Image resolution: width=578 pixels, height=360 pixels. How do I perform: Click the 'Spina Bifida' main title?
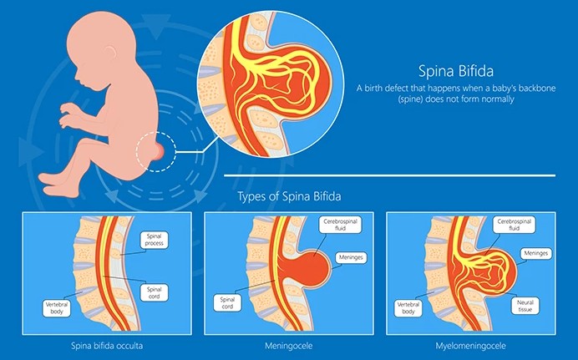pos(456,71)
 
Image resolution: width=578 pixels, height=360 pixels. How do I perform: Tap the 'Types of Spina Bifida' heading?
pos(289,196)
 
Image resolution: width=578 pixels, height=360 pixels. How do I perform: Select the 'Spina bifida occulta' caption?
pos(107,346)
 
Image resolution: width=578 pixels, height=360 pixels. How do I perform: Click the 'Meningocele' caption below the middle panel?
pos(289,346)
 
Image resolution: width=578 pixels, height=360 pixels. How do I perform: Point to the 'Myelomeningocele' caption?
pos(471,346)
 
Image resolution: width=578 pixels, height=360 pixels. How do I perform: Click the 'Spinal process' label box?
pos(154,240)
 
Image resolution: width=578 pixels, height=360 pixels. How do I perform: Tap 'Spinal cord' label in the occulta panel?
pos(154,292)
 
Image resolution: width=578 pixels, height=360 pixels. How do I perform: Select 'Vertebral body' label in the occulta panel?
pos(57,308)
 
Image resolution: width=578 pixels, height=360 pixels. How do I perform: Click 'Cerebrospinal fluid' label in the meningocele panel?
pos(340,225)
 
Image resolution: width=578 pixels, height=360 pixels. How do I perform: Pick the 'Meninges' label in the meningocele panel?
pos(351,257)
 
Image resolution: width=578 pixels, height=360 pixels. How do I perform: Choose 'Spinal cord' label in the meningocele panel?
pos(227,303)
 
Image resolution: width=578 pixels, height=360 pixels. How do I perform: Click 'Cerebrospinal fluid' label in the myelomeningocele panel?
pos(515,225)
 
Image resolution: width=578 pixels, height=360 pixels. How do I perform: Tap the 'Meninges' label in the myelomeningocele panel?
pos(536,254)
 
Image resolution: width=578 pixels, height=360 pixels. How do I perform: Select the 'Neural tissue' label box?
pos(525,306)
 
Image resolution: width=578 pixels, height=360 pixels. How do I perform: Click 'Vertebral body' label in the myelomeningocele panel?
pos(408,308)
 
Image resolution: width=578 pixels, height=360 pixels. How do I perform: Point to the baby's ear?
pos(109,51)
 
